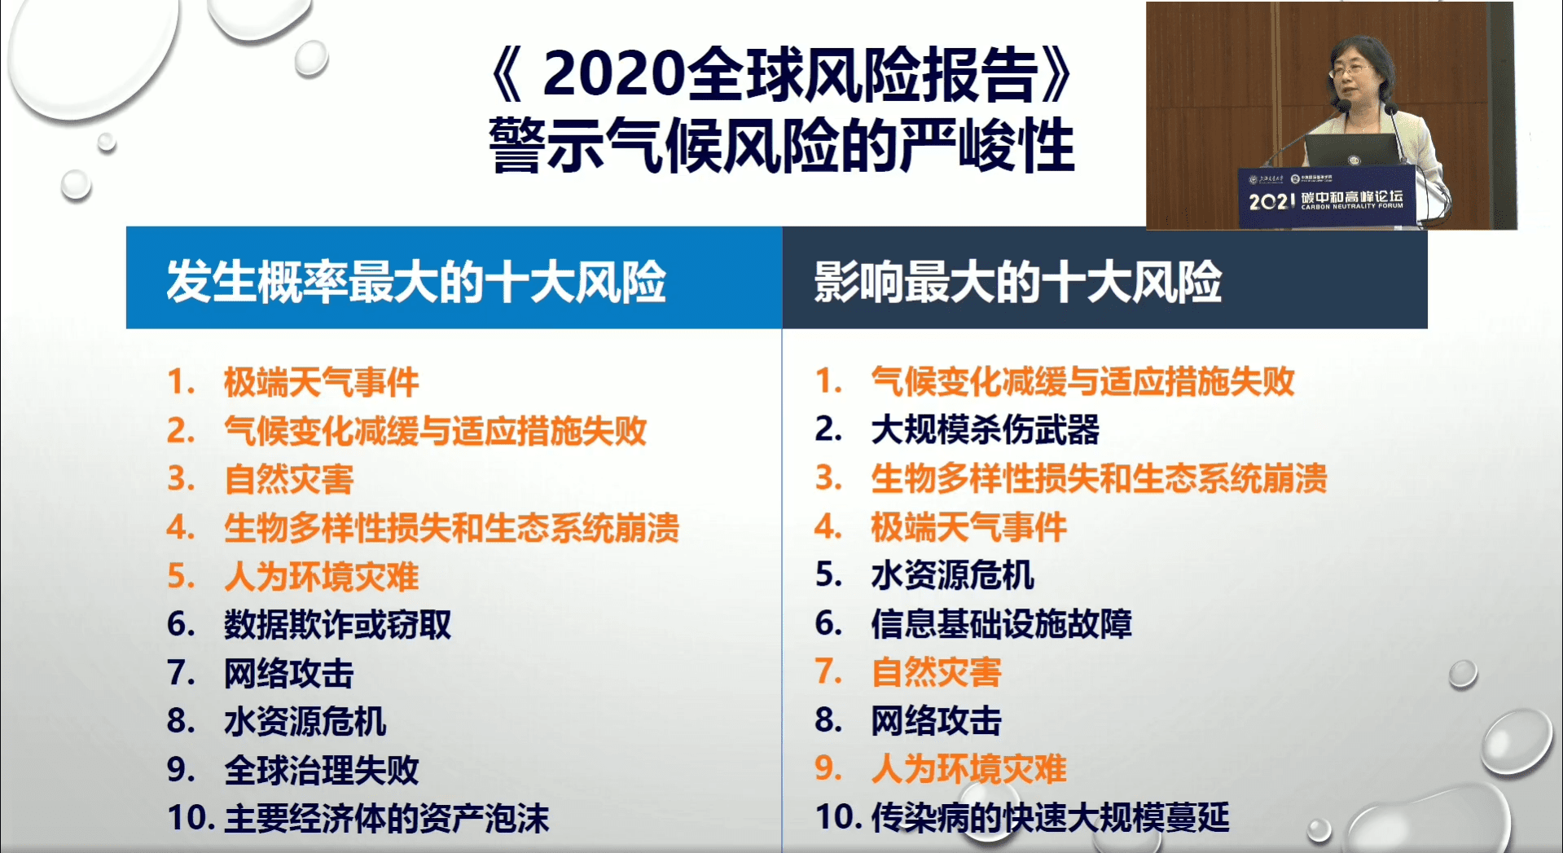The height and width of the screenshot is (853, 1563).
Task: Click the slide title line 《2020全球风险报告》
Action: pos(782,75)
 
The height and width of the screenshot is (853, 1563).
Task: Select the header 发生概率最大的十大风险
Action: pos(416,281)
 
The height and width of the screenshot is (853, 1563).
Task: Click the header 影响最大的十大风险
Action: pos(1017,282)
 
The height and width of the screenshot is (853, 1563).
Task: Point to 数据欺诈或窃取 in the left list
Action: pos(337,625)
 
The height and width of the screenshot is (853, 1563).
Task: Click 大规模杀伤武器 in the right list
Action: pos(985,430)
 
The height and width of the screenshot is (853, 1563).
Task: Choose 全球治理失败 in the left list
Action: pos(321,770)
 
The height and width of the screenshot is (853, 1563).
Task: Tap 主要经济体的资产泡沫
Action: pos(386,818)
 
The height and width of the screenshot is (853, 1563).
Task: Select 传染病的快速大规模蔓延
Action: pos(1050,817)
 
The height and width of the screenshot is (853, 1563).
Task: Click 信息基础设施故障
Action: pos(1001,624)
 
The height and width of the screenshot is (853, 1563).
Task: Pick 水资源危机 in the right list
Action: pos(952,575)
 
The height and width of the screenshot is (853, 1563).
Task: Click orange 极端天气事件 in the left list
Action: pos(321,382)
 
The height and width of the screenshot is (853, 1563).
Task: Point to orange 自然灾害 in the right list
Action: pos(936,672)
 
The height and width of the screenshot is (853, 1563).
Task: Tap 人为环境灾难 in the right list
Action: pos(968,768)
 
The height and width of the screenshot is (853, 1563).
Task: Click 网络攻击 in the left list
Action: pos(288,674)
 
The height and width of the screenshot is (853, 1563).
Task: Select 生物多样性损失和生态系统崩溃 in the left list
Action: pos(451,528)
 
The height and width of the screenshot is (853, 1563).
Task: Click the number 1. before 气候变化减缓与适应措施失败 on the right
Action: pos(828,381)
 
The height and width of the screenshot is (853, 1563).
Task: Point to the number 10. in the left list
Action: pos(190,818)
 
